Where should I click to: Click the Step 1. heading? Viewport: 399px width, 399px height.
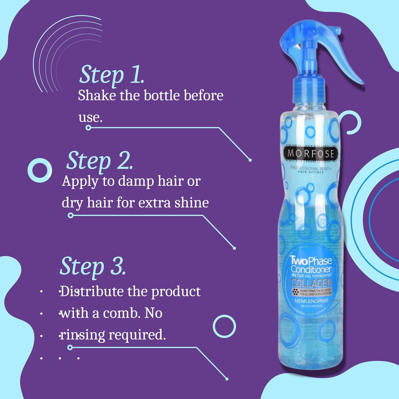[112, 75]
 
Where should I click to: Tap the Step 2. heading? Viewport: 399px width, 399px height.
[99, 161]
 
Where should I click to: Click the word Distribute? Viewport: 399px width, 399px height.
[92, 292]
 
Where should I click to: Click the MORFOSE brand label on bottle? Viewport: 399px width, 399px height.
[310, 153]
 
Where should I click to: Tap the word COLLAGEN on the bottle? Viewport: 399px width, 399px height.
[311, 283]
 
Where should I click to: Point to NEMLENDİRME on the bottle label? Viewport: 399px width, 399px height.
[311, 301]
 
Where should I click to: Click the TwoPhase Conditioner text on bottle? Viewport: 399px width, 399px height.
[311, 265]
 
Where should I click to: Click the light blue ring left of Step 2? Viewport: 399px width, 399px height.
[40, 170]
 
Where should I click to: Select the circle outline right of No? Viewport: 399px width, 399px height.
[224, 326]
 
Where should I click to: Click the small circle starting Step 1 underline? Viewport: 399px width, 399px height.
[88, 128]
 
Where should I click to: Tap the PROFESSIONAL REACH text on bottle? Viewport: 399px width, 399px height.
[310, 168]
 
